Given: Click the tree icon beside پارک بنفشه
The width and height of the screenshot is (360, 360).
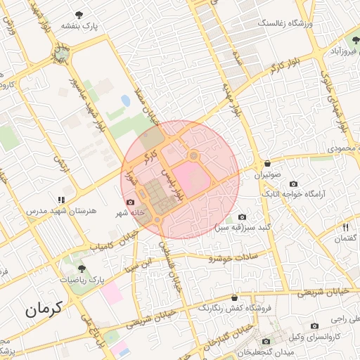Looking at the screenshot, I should (78, 14).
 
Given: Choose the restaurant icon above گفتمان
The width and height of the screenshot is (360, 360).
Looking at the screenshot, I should (345, 227).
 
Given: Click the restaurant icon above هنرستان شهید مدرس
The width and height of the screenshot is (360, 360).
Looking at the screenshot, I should (70, 200).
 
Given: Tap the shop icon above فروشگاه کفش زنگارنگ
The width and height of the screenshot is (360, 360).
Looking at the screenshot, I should (233, 297).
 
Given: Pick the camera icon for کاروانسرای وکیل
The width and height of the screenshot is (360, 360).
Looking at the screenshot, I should (314, 326).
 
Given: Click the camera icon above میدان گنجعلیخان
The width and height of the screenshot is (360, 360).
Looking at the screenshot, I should (266, 341).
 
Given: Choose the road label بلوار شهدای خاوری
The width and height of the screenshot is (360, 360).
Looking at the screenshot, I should (335, 101).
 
